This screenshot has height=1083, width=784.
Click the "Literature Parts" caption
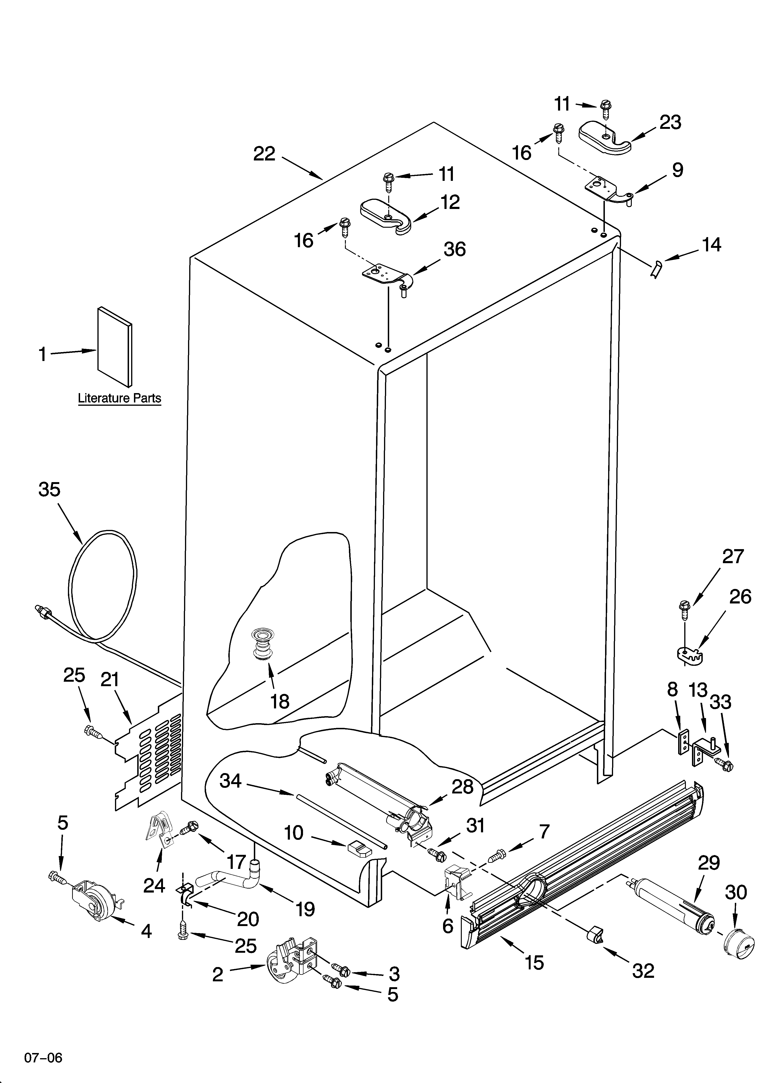[x=119, y=398]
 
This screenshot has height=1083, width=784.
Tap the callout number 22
[x=264, y=154]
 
